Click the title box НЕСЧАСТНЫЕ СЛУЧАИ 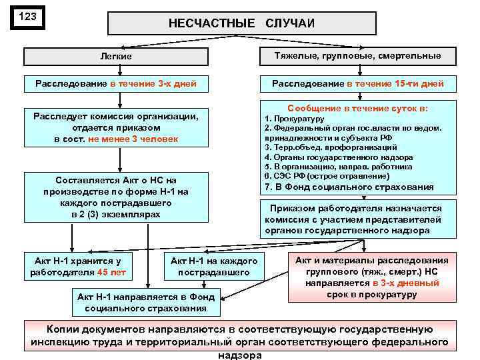click(x=241, y=23)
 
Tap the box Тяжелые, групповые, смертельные click(x=357, y=56)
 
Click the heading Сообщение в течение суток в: click(x=357, y=108)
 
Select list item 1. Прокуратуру click(x=294, y=118)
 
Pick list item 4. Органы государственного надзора click(x=338, y=157)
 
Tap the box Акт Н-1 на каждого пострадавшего click(x=214, y=266)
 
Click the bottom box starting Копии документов click(x=239, y=339)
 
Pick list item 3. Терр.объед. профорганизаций click(x=331, y=147)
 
